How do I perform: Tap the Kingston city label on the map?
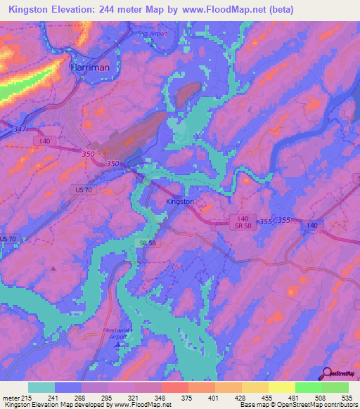pos(179,202)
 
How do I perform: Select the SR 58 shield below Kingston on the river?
pos(143,243)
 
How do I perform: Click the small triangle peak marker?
pos(54,268)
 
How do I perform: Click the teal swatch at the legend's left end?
pos(41,387)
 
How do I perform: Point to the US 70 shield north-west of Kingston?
pos(83,190)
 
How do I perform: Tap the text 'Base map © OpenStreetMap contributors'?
pos(298,404)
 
